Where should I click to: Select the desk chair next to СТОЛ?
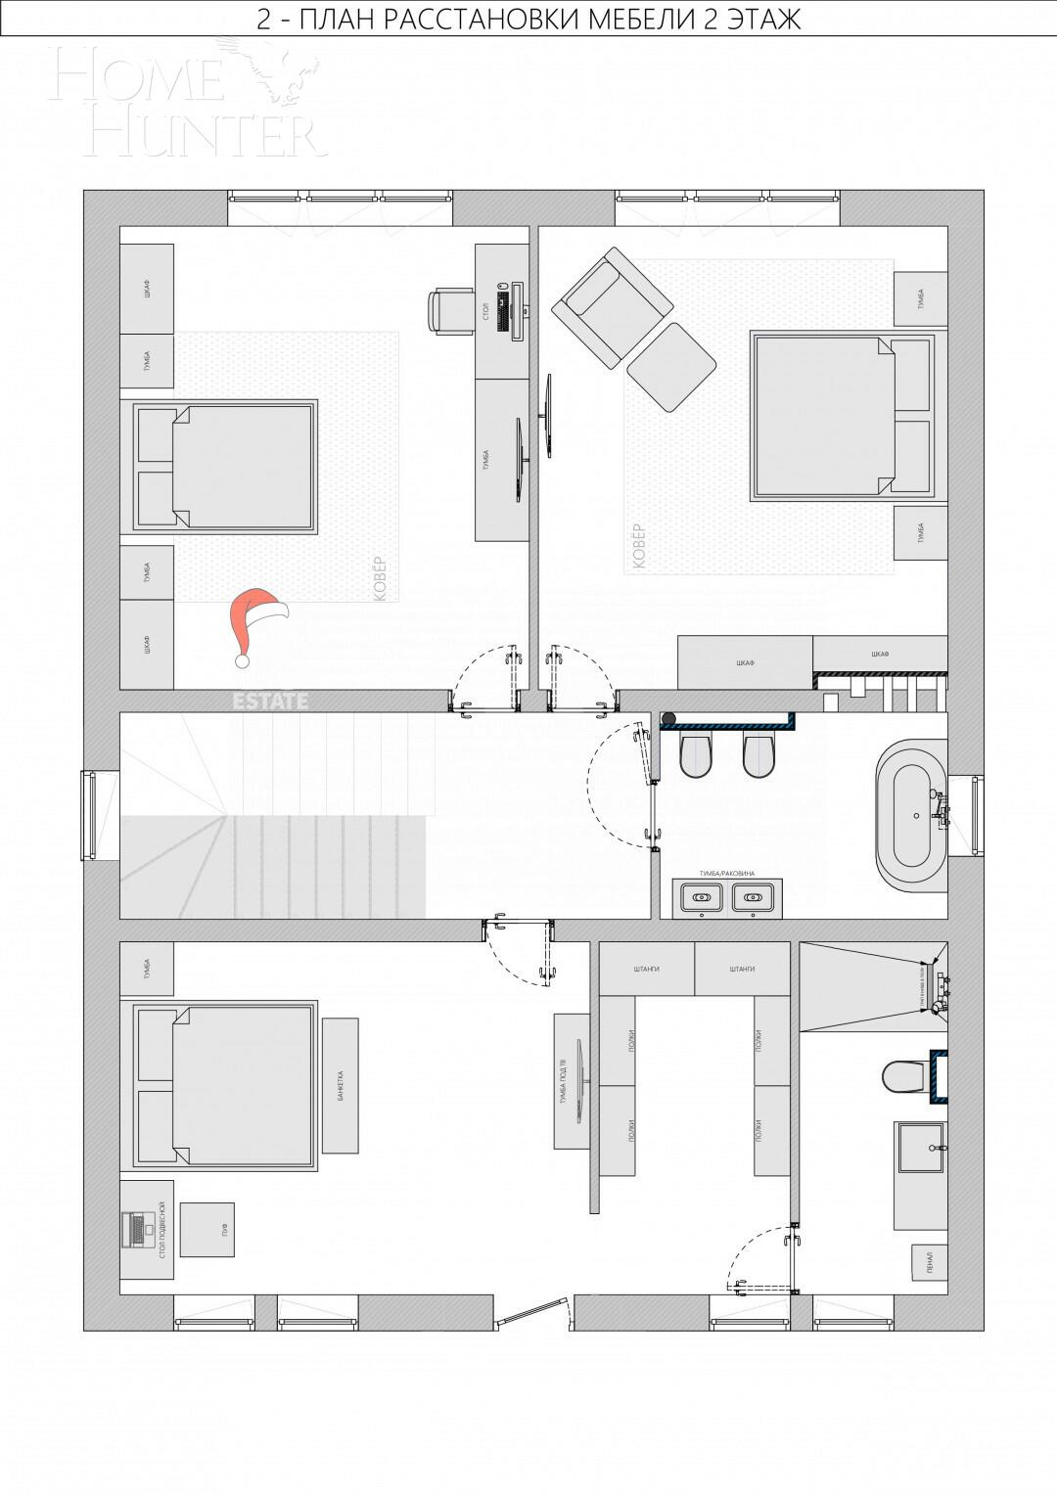tap(449, 311)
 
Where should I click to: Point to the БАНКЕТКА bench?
tap(340, 1085)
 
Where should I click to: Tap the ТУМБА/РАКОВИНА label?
tap(726, 872)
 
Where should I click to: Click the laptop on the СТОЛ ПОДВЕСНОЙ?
tap(133, 1229)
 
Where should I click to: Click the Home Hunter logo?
tap(186, 98)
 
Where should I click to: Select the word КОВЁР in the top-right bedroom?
tap(639, 546)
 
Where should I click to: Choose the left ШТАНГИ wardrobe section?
tap(646, 969)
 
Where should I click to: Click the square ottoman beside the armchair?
tap(671, 368)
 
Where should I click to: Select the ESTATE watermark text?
tap(270, 701)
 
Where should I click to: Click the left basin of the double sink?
tap(701, 894)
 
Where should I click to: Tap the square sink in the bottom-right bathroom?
tap(921, 1147)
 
